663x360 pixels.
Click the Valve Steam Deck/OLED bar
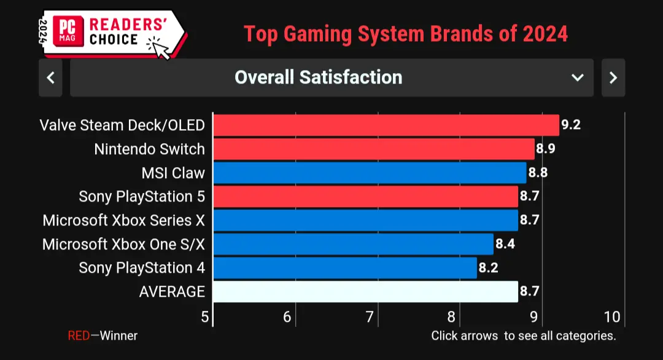tap(386, 125)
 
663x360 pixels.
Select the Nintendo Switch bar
tap(374, 149)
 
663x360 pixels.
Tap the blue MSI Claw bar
tap(370, 173)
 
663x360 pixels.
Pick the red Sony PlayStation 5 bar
tap(366, 197)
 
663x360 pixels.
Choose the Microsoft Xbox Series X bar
tap(366, 220)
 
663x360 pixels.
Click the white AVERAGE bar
tap(366, 291)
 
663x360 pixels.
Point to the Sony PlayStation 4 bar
tap(345, 268)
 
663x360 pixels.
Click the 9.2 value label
tap(571, 125)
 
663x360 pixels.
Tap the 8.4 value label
tap(505, 244)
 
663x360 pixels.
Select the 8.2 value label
tap(489, 268)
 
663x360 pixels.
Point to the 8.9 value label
tap(546, 149)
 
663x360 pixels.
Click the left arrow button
tap(51, 78)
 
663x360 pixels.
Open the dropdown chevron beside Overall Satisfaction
tap(578, 78)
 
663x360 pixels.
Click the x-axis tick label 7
tap(370, 317)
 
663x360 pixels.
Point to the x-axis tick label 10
tap(612, 317)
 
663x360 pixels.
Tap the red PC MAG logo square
tap(68, 31)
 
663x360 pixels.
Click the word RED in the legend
tap(79, 336)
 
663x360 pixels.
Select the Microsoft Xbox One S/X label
tap(123, 245)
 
